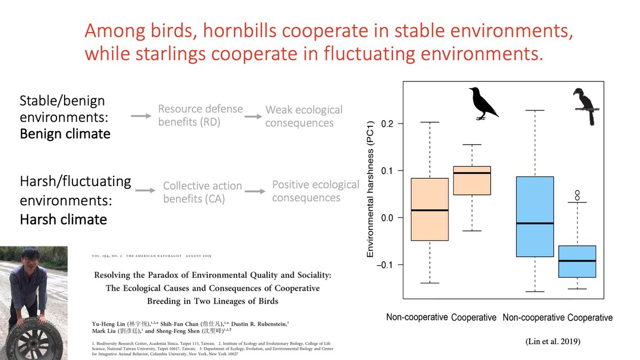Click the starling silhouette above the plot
point(482,103)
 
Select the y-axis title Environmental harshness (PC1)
point(370,189)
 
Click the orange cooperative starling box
point(472,180)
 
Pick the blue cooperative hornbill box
point(577,261)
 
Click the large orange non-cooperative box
point(430,209)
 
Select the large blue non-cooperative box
point(535,217)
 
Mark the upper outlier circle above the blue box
point(577,193)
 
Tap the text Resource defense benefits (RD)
point(201,115)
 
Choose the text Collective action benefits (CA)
point(203,192)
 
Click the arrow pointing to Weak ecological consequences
point(253,116)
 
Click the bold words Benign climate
point(65,133)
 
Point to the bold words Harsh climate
point(63,219)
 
